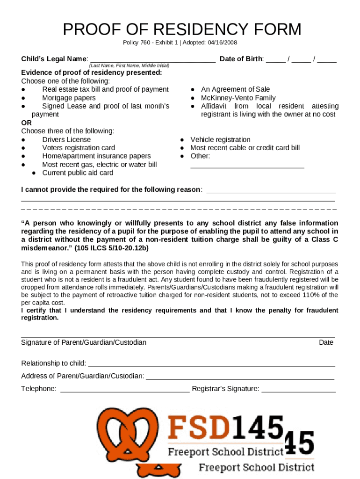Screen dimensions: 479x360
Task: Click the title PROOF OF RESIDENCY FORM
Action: click(x=182, y=30)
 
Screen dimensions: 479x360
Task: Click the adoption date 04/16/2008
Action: click(x=222, y=43)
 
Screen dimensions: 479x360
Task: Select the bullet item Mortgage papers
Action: click(x=69, y=98)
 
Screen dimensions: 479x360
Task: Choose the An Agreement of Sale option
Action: click(x=235, y=89)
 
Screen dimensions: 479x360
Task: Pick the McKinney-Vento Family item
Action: click(x=238, y=98)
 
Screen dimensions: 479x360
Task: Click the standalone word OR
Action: click(x=27, y=123)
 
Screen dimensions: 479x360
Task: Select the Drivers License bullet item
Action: click(x=66, y=139)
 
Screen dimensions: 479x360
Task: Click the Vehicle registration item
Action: click(x=220, y=139)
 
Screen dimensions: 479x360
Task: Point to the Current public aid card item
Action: click(x=78, y=173)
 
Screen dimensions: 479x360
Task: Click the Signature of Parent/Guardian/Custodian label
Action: click(x=84, y=342)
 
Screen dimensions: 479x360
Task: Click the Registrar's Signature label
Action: click(x=225, y=389)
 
